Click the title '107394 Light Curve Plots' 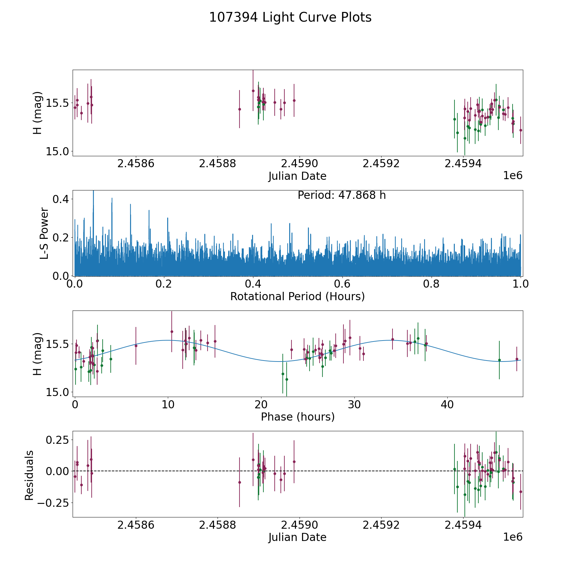coord(290,17)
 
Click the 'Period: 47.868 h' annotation coord(341,195)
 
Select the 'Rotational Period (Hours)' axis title coord(297,296)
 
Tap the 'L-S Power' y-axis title coord(44,233)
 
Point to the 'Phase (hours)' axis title coord(298,417)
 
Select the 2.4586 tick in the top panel coord(136,164)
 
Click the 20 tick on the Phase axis coord(261,404)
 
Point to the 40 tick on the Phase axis coord(447,404)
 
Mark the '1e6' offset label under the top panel coord(513,176)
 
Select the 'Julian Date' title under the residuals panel coord(297,537)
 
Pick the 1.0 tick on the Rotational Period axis coord(520,284)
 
